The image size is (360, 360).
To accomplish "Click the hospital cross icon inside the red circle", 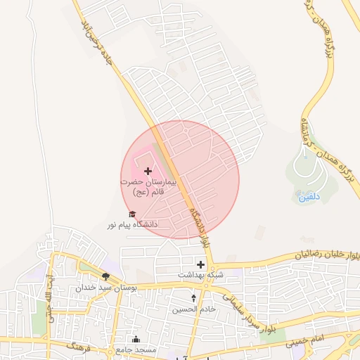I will (148, 171).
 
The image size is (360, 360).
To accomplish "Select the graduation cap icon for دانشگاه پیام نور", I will (131, 214).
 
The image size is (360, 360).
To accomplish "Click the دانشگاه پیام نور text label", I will (132, 224).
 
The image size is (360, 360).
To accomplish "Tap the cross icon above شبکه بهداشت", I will (201, 264).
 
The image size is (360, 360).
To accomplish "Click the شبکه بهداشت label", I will (200, 274).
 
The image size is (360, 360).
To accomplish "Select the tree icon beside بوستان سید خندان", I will (105, 276).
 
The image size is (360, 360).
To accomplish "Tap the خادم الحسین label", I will (195, 309).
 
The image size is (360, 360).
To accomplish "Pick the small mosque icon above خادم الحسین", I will (194, 299).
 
